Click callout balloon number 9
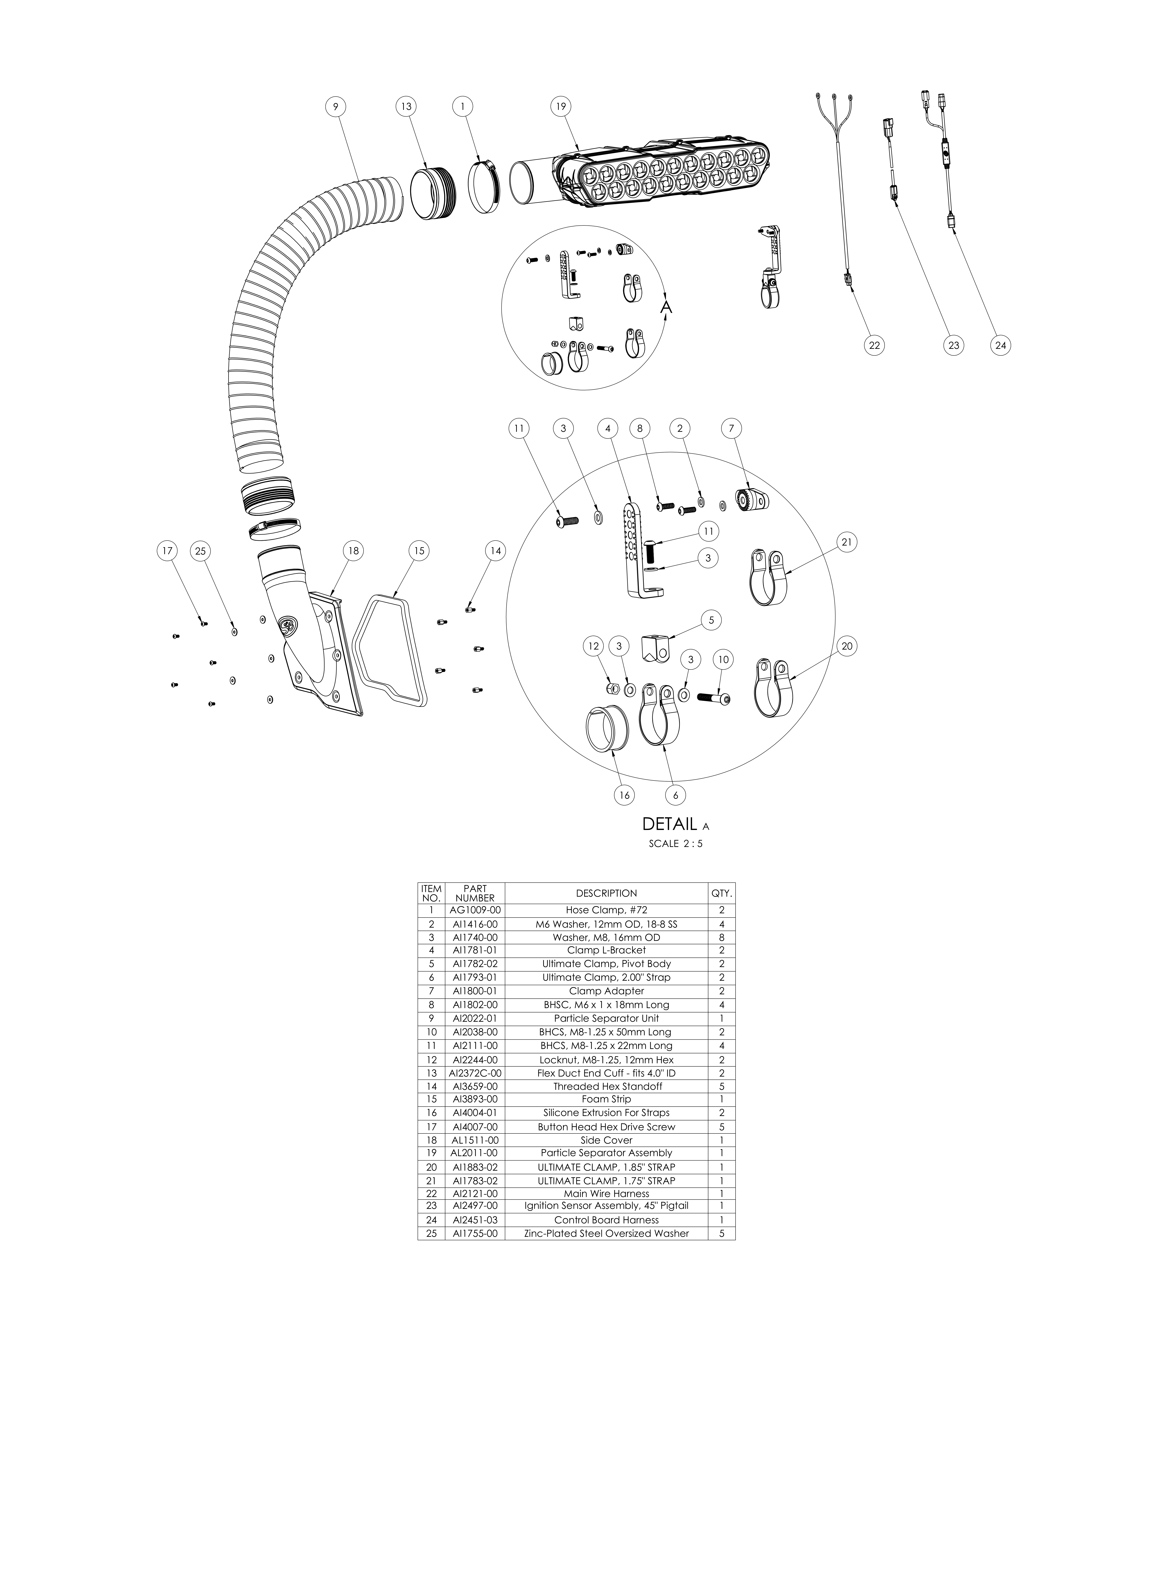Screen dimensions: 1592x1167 coord(336,107)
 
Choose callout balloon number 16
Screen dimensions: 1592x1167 coord(624,795)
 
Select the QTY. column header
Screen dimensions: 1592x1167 coord(722,893)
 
